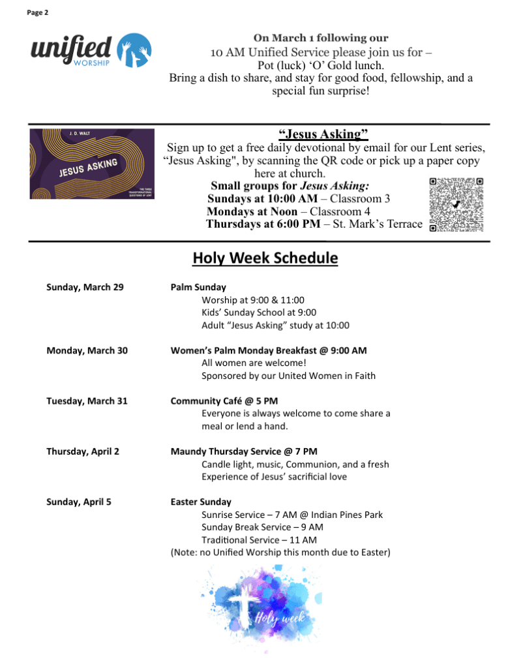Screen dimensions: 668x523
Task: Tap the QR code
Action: [456, 205]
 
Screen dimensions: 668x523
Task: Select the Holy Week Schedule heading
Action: [265, 258]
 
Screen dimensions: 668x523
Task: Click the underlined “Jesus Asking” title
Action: [323, 134]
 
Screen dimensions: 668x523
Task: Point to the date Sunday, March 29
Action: [85, 287]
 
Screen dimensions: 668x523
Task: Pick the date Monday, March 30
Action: [87, 350]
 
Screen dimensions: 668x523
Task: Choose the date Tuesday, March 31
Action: [87, 401]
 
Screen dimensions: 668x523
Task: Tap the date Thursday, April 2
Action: [83, 451]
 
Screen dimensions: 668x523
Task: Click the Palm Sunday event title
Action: [198, 287]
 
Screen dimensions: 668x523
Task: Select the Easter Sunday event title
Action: [201, 502]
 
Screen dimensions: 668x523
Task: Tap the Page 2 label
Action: [37, 12]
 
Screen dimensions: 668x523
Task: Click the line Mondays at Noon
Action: [288, 211]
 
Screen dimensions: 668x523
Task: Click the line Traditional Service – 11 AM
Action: [259, 539]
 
